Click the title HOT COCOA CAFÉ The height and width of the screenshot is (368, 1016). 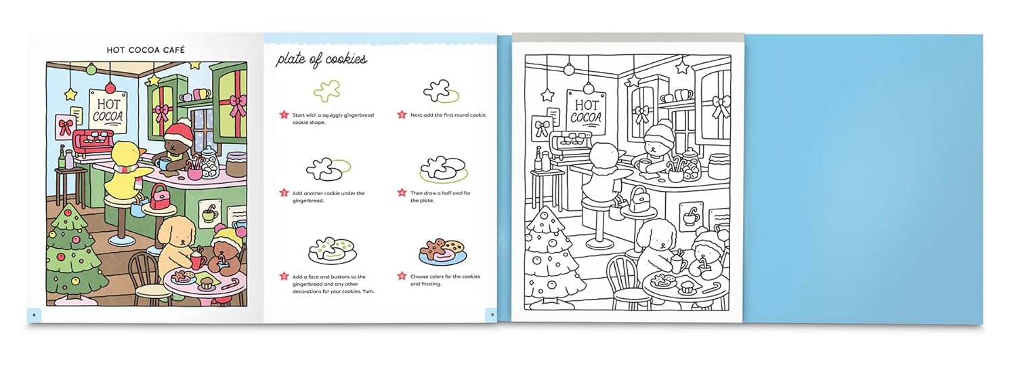(146, 49)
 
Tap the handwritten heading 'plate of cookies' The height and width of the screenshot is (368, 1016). (321, 60)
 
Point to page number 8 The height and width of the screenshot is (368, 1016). (34, 314)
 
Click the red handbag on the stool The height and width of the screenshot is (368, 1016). (160, 197)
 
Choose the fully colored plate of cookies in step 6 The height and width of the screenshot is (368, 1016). (442, 251)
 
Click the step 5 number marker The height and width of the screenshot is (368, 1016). (284, 277)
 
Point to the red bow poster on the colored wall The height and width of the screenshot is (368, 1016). (66, 126)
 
